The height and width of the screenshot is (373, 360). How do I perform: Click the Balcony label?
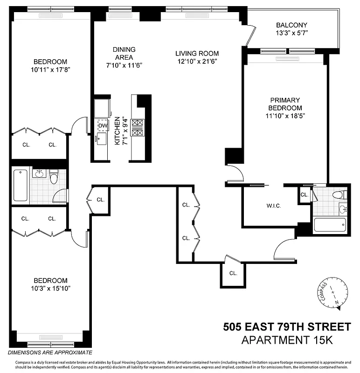(291, 25)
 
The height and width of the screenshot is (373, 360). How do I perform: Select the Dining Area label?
(124, 53)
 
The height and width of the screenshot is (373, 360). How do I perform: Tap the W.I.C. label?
(274, 206)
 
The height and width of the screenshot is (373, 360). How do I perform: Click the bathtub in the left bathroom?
(21, 185)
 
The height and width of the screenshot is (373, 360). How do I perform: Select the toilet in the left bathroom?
(54, 177)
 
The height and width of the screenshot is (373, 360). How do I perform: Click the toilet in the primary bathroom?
(338, 194)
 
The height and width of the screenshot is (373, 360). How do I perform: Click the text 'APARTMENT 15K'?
(287, 340)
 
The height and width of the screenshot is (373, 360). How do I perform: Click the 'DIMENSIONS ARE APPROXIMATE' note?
(49, 352)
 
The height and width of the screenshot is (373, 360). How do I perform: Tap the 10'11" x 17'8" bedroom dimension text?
(50, 69)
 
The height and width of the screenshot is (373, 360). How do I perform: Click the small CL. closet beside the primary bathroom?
(304, 195)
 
